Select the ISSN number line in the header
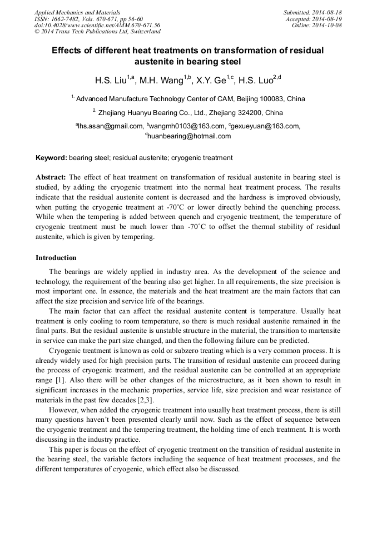[x=88, y=18]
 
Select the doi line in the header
[x=97, y=25]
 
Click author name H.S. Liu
[x=111, y=81]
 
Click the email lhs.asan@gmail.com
[x=110, y=126]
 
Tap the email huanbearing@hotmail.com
[x=189, y=136]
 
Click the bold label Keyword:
[x=51, y=158]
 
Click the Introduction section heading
[x=56, y=258]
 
